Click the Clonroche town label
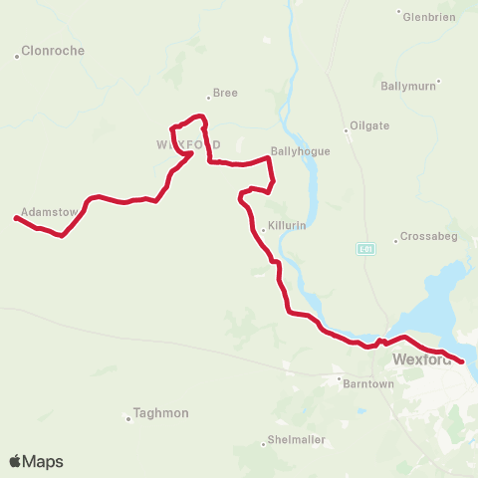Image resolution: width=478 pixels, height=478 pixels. point(53,51)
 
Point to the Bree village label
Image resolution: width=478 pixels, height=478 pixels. point(226,93)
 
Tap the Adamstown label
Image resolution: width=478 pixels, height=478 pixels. point(49,212)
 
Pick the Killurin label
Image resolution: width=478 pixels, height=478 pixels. point(286,226)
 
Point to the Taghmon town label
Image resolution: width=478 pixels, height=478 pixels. point(161,412)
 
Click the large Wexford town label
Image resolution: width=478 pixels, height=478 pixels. point(421,359)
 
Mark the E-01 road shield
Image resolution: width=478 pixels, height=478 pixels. point(363,248)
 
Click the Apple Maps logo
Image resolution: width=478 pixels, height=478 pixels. point(36,461)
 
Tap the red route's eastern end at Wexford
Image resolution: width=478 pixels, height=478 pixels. point(462,362)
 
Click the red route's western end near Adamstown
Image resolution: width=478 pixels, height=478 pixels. point(16,217)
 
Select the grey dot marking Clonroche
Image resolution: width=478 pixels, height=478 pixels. point(17,56)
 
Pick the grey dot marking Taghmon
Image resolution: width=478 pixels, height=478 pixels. point(129,419)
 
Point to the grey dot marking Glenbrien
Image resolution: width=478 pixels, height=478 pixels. point(399,13)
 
